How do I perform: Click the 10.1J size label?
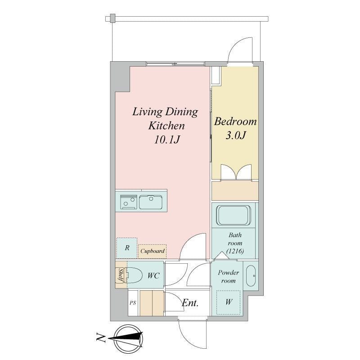(x=167, y=139)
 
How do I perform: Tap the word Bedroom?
(x=235, y=121)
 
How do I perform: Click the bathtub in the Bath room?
(x=233, y=216)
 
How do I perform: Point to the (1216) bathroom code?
(x=235, y=251)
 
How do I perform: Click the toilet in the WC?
(x=134, y=275)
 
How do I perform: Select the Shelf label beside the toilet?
(x=121, y=275)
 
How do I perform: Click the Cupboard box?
(x=152, y=251)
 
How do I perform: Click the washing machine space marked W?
(x=229, y=302)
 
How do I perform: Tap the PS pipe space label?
(x=133, y=303)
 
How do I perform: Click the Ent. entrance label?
(x=190, y=303)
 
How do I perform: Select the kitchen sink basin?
(x=152, y=202)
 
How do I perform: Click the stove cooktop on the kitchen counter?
(x=128, y=202)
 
